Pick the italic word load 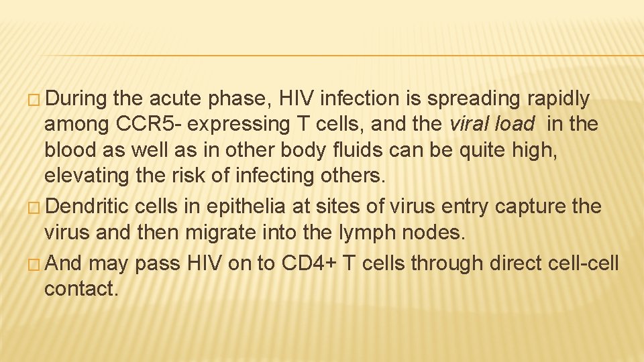(515, 124)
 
